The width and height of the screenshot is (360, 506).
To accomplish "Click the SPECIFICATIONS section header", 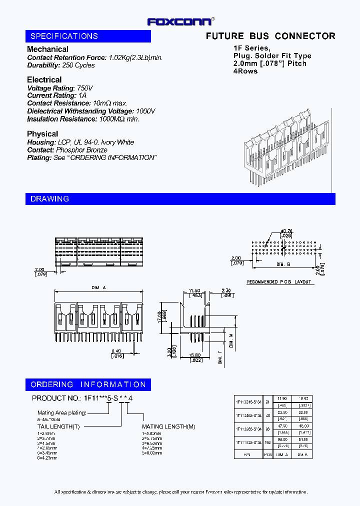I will pos(64,36).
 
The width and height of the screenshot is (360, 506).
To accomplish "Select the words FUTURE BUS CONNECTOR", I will pos(270,36).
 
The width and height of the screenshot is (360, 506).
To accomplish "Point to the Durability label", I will pos(43,65).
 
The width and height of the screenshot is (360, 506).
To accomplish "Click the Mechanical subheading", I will pos(47,49).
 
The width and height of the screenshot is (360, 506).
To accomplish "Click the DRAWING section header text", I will pos(49,199).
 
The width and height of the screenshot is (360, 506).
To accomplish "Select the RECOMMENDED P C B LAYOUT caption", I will pos(279,282).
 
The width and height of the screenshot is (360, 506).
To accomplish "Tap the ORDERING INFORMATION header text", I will pos(88,384).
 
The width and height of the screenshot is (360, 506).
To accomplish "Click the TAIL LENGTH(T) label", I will pos(58,426).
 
